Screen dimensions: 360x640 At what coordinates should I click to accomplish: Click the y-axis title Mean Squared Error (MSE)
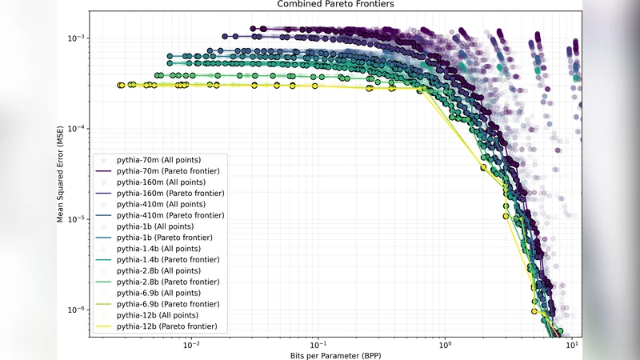pyautogui.click(x=61, y=167)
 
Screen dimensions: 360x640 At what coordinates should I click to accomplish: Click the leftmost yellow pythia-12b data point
pyautogui.click(x=119, y=85)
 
